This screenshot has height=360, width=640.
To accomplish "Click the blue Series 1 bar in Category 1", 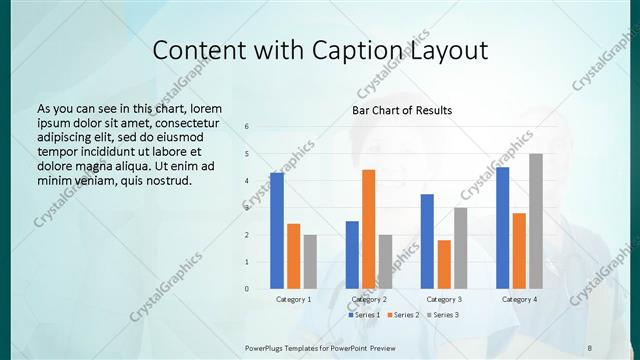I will (x=277, y=231).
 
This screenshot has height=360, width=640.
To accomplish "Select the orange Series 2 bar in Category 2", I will (x=368, y=229).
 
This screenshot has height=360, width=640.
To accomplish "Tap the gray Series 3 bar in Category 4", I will (x=536, y=221).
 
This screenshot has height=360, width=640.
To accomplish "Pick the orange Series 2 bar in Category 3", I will (x=444, y=264).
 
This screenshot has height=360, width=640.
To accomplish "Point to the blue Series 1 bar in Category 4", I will (x=502, y=228).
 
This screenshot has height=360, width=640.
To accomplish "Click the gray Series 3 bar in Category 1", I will (x=310, y=262).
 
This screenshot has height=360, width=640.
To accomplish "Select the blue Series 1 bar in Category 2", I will (x=352, y=255).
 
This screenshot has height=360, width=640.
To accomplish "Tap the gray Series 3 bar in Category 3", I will (x=460, y=248).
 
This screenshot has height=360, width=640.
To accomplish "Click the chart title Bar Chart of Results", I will (x=402, y=110).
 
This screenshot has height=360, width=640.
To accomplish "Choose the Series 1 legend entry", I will (x=363, y=315).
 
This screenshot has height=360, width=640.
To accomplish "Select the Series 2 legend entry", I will (x=402, y=315).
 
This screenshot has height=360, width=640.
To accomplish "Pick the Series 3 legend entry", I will (x=441, y=315).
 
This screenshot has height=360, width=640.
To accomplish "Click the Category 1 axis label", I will (x=293, y=299).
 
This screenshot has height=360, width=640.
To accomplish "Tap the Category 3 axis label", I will (x=444, y=299).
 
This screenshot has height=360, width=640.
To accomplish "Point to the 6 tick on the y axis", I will (x=247, y=126).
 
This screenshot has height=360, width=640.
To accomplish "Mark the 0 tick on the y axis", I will (x=247, y=289).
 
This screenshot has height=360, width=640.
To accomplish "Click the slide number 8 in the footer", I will (x=590, y=348).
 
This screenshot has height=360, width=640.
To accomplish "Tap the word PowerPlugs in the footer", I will (x=267, y=348).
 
